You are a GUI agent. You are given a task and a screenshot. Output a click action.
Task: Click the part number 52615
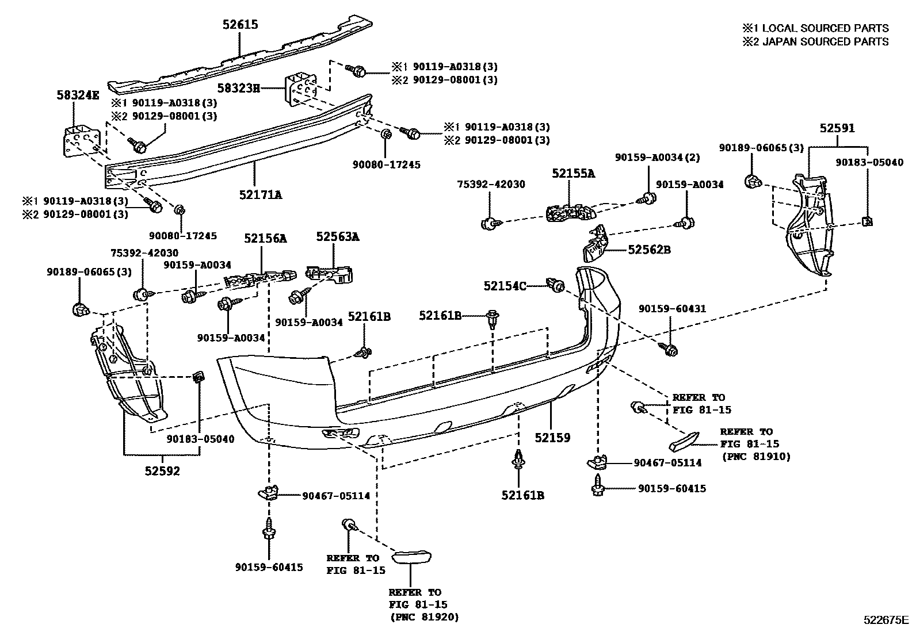coord(240,25)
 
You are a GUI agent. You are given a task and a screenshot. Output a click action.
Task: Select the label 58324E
coord(78,95)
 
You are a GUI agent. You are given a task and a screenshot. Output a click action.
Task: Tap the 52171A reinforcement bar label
coord(261,194)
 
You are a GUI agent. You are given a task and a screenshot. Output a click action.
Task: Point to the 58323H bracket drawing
coord(301,89)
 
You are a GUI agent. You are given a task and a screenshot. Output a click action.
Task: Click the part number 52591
coord(837,128)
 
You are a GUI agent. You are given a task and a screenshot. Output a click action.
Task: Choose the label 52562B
coord(649,250)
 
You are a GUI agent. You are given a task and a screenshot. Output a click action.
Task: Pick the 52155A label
coord(573,173)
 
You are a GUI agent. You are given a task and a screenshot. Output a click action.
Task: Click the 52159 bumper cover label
coord(552,438)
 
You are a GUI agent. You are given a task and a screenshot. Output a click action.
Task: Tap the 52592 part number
coord(162,471)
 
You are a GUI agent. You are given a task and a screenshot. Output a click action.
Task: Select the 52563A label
coord(337,237)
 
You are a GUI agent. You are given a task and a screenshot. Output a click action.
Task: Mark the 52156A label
coord(265,238)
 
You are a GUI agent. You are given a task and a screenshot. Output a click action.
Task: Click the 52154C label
coord(505,286)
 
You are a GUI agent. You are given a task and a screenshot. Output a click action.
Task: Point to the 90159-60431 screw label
coord(672,309)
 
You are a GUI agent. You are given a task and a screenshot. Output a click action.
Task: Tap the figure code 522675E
coord(886,620)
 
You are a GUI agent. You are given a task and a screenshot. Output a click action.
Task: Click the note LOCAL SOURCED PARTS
coord(825,28)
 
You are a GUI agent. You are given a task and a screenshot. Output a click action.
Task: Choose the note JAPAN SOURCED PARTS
coord(825,42)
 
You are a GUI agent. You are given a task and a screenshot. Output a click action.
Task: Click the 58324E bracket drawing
coord(81,142)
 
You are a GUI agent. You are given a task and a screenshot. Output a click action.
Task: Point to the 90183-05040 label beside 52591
coord(869,163)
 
